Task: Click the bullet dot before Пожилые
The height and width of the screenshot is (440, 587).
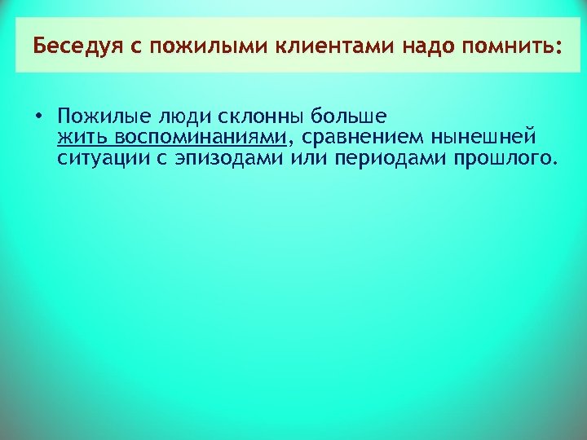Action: tap(39, 115)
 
